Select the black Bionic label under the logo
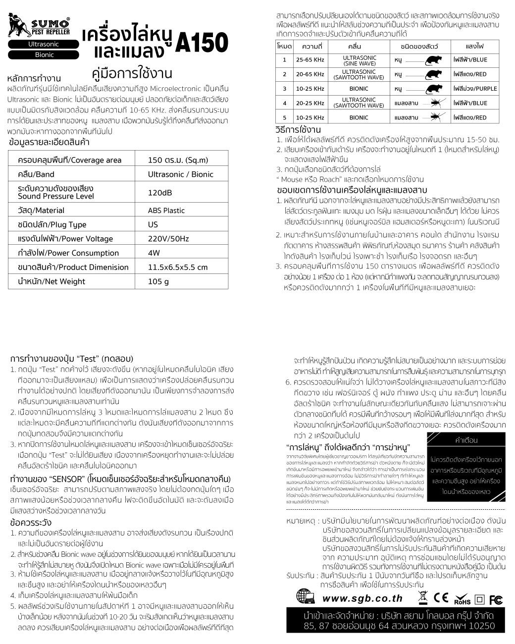(44, 55)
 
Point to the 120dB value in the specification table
(160, 193)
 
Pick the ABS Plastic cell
(166, 211)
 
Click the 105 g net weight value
(158, 281)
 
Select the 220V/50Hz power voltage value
(168, 239)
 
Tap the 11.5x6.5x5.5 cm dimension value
(178, 268)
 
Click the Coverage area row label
(69, 160)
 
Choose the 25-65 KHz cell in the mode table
(310, 59)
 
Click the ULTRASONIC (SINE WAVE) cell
(359, 60)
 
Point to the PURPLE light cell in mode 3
(475, 89)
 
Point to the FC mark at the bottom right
(496, 599)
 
